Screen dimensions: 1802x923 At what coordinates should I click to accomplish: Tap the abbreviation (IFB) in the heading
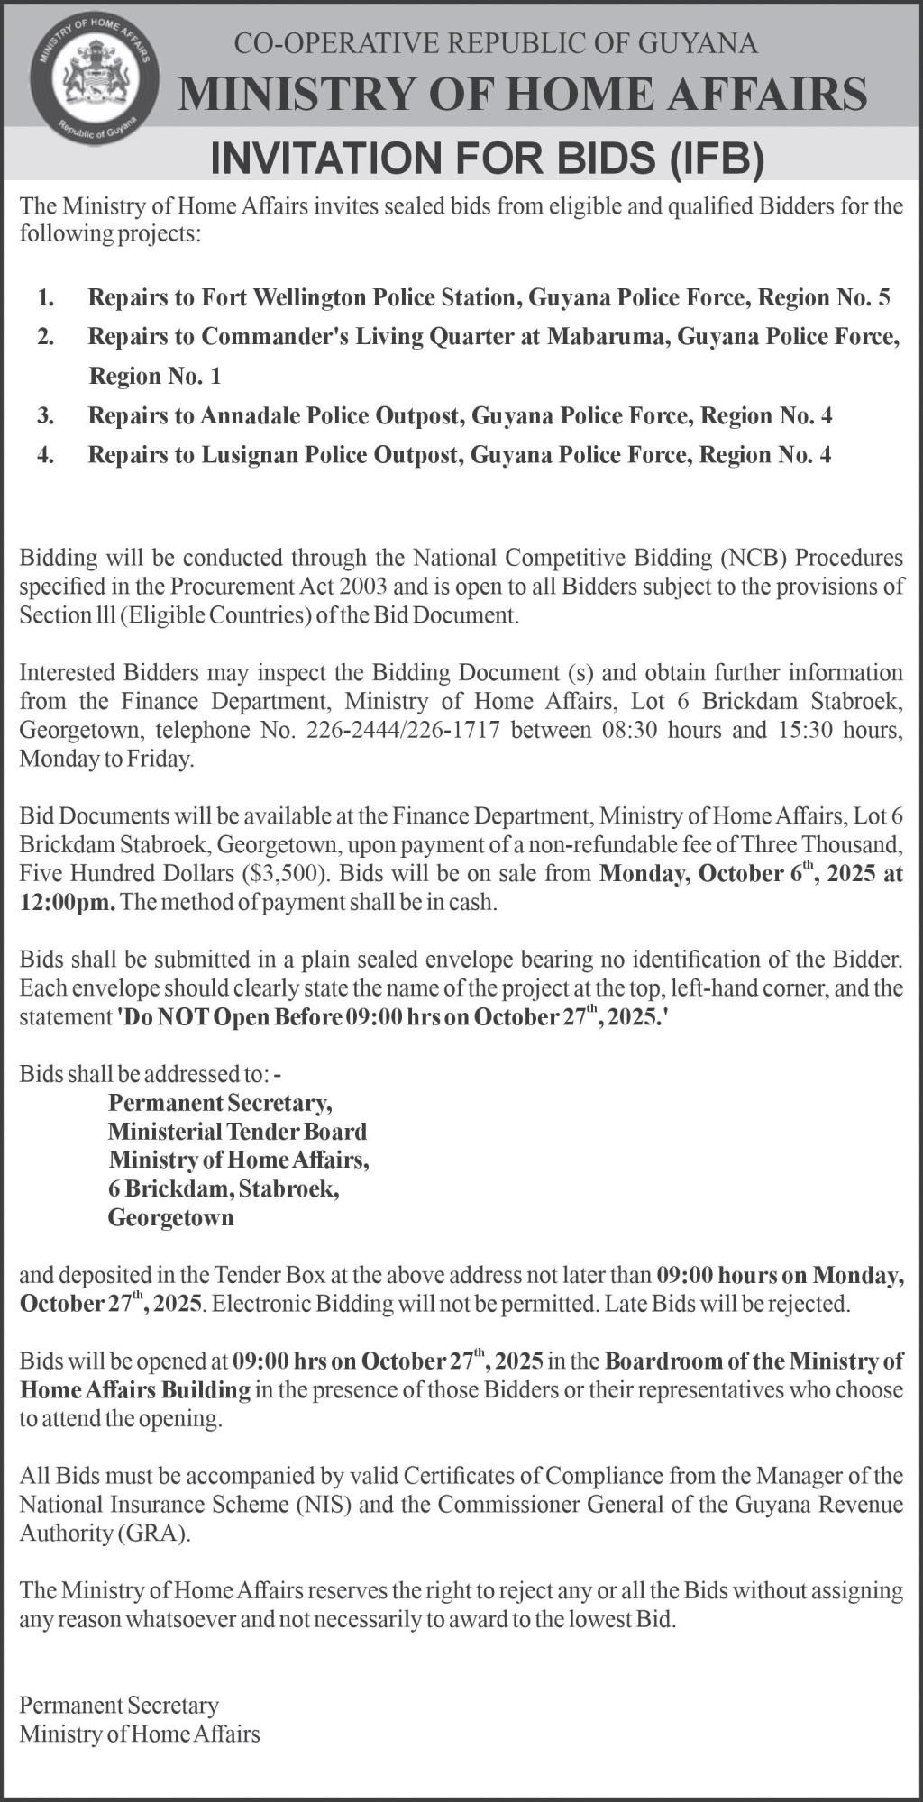pyautogui.click(x=718, y=159)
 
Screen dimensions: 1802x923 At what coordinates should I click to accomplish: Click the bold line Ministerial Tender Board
pyautogui.click(x=237, y=1132)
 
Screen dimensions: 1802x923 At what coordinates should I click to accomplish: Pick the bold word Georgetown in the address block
pyautogui.click(x=170, y=1218)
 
